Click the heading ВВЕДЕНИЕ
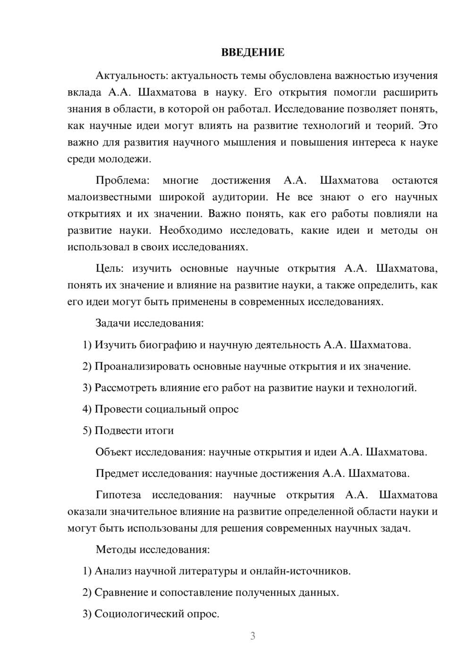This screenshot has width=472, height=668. (253, 52)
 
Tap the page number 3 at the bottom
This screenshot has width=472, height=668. (253, 636)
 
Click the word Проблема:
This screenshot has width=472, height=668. (122, 180)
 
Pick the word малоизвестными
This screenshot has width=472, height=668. (110, 197)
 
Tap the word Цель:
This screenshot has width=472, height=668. (110, 268)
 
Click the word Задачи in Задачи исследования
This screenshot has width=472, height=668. (113, 324)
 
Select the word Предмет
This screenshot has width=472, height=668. (117, 473)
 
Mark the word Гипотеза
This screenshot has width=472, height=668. (118, 495)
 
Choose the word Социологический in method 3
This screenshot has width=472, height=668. (138, 614)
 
